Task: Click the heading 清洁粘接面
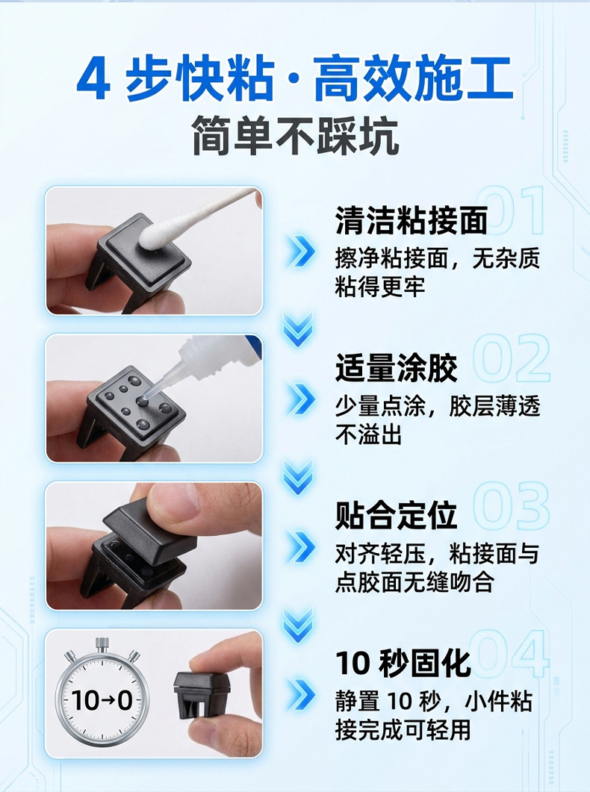click(x=412, y=221)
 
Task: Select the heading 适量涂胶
click(x=397, y=369)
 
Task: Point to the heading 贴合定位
click(x=397, y=516)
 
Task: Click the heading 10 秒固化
click(x=403, y=663)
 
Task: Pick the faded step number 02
click(x=512, y=359)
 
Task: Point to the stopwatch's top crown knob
click(x=102, y=643)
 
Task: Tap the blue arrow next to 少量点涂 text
click(x=302, y=401)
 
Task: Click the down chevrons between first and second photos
click(x=299, y=328)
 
